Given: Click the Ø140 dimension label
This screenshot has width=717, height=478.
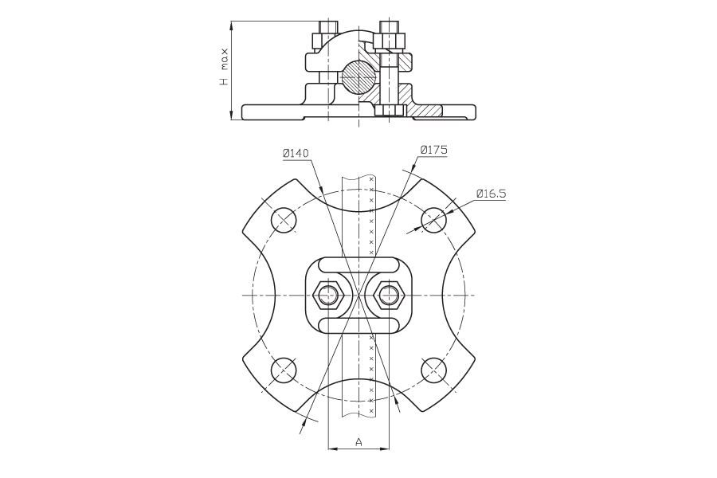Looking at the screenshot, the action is [x=296, y=153].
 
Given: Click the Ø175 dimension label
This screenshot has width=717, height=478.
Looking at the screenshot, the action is [x=433, y=150].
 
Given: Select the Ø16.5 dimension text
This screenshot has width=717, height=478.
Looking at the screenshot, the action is [x=491, y=194].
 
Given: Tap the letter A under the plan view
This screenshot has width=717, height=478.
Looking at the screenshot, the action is [x=359, y=442].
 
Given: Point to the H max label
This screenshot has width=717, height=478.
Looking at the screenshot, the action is [x=224, y=69].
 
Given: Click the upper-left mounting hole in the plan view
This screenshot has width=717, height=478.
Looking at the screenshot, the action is [x=284, y=220].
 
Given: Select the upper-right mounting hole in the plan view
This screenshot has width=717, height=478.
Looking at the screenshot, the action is [x=433, y=220].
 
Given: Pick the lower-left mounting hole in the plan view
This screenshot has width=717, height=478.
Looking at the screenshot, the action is [x=284, y=370].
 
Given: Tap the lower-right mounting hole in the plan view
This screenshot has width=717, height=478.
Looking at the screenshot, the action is [x=433, y=370].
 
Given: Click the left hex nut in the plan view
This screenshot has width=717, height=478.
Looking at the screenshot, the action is [x=328, y=295].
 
